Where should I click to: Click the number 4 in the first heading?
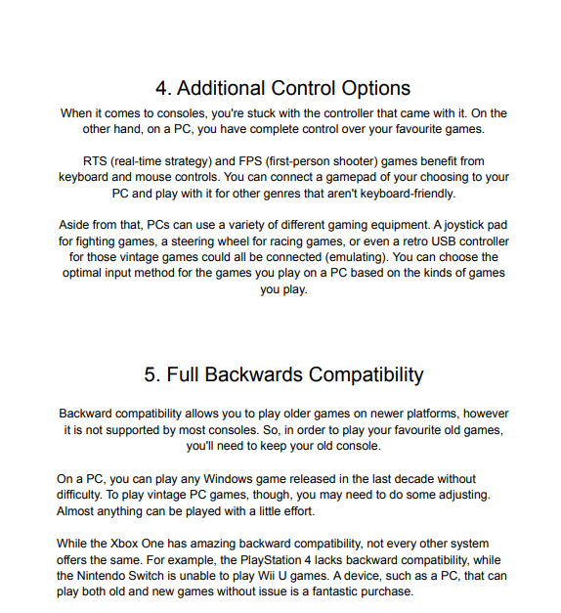click(162, 89)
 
